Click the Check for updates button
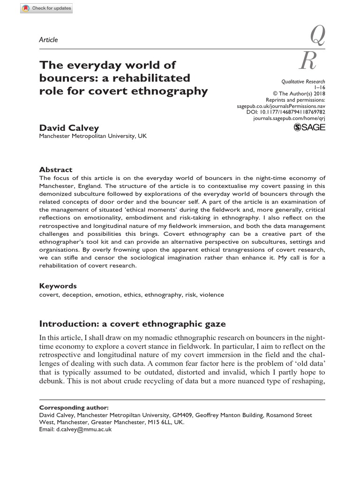coord(47,8)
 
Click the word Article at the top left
coord(49,40)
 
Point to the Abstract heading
coord(56,170)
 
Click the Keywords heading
coord(58,286)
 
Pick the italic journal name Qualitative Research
coord(303,82)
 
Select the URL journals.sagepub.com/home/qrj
coord(289,119)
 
